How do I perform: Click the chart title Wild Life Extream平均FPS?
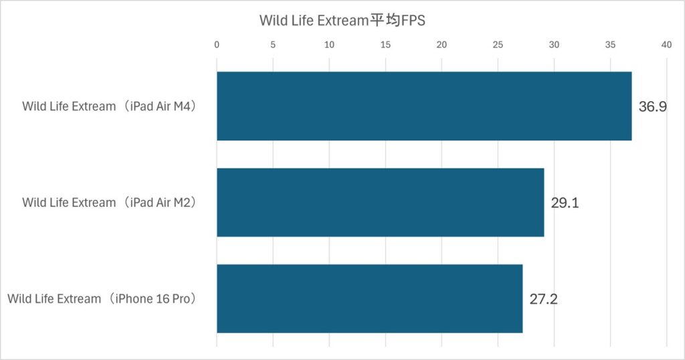point(342,21)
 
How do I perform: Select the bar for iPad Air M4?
point(423,106)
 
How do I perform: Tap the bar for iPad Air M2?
point(380,202)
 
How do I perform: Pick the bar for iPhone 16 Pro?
point(369,298)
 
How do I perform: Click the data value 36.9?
point(652,106)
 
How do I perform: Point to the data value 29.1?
point(565,203)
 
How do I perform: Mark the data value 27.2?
point(543,299)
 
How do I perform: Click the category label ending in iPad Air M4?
point(111,106)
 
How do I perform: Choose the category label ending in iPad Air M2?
point(111,203)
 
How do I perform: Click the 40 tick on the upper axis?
point(666,45)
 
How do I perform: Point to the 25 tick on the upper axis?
point(498,45)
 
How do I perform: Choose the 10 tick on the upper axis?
point(329,45)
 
